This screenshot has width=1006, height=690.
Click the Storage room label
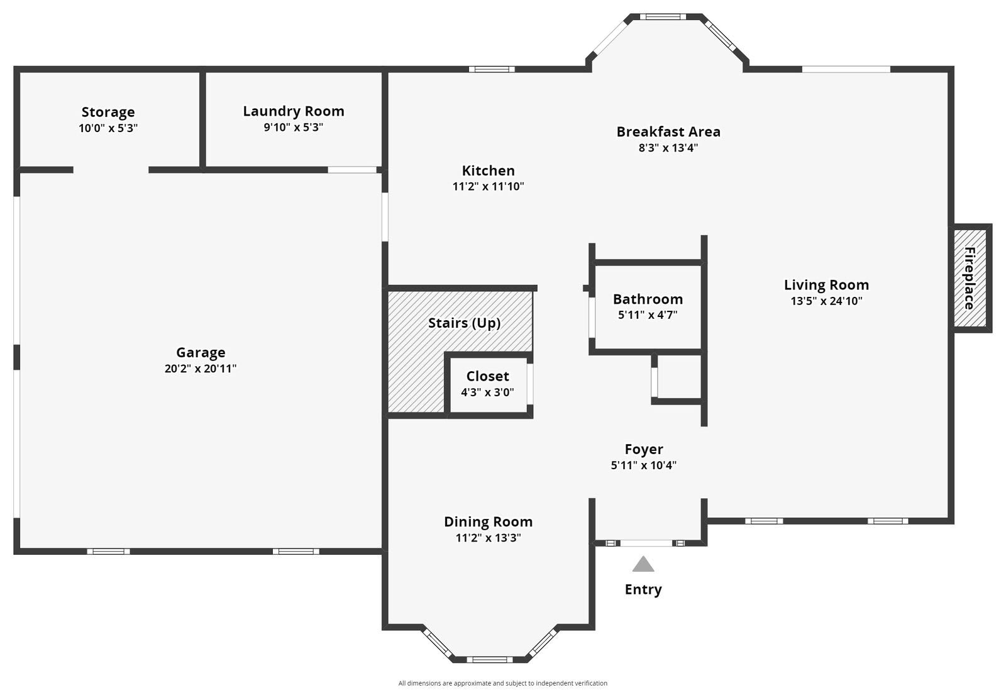(108, 112)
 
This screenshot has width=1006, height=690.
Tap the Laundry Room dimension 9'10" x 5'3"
(293, 127)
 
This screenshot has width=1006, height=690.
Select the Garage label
(201, 352)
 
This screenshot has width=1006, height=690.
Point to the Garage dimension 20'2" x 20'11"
(201, 369)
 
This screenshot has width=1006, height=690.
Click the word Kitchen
(488, 170)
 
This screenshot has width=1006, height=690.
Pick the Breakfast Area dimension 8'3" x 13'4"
(668, 148)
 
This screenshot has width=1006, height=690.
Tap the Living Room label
(826, 284)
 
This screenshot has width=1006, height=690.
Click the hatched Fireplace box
(970, 278)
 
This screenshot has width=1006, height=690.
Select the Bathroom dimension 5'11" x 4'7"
(648, 315)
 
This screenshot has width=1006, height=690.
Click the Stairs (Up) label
(464, 323)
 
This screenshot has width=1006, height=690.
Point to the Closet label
(487, 376)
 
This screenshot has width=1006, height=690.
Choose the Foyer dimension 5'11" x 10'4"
(643, 465)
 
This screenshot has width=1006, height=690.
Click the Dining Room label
(488, 521)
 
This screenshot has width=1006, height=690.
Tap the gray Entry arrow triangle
(643, 564)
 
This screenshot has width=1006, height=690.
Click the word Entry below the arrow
(643, 589)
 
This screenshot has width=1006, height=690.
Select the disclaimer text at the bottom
(502, 683)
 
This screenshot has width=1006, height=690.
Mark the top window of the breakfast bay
(663, 17)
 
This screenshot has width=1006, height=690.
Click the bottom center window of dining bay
(490, 659)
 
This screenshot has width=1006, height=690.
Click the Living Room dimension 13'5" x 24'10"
(826, 301)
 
